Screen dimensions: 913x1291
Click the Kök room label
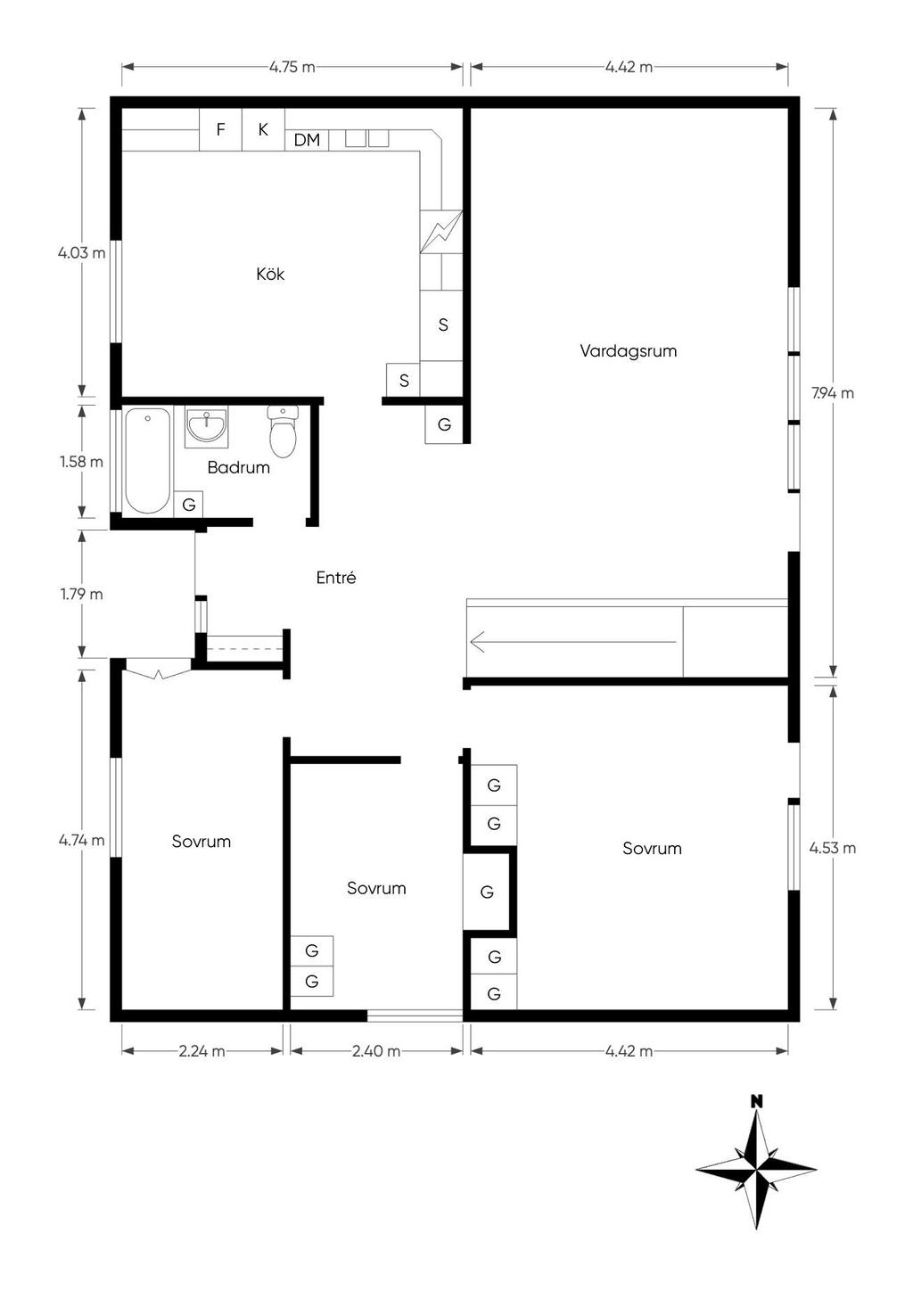click(x=270, y=274)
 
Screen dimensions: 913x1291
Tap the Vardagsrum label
click(x=629, y=351)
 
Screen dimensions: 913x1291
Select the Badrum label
click(x=239, y=467)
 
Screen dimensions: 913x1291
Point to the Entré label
click(x=336, y=578)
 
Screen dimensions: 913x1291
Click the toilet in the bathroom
click(x=283, y=432)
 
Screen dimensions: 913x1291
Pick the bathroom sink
click(x=206, y=427)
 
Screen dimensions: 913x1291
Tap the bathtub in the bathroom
click(x=147, y=460)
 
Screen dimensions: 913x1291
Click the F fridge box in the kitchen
click(x=220, y=129)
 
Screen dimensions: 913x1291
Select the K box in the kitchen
click(x=263, y=129)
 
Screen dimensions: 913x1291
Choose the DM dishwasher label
click(x=307, y=140)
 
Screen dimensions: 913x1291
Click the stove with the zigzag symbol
click(x=441, y=232)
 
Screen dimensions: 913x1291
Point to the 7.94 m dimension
click(x=833, y=394)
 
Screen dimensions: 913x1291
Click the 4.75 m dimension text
click(x=292, y=68)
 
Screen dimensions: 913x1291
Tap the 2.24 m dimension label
click(x=202, y=1051)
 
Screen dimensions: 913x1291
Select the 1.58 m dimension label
click(x=82, y=462)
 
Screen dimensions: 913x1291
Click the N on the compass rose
click(x=757, y=1102)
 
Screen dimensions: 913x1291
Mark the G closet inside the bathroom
click(x=188, y=505)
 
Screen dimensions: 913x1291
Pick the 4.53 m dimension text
click(x=833, y=849)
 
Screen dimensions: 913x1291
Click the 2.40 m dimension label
click(x=376, y=1051)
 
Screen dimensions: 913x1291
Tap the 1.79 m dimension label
click(x=82, y=594)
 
